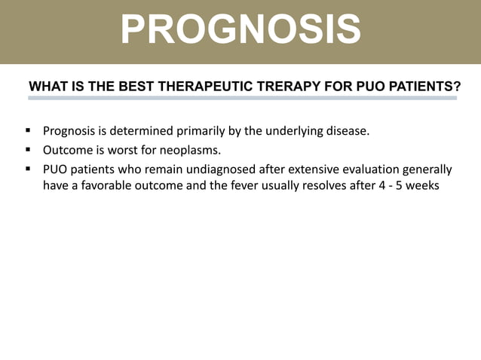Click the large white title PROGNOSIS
(240, 29)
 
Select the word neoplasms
(186, 150)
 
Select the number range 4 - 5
(387, 186)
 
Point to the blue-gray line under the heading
(240, 98)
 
